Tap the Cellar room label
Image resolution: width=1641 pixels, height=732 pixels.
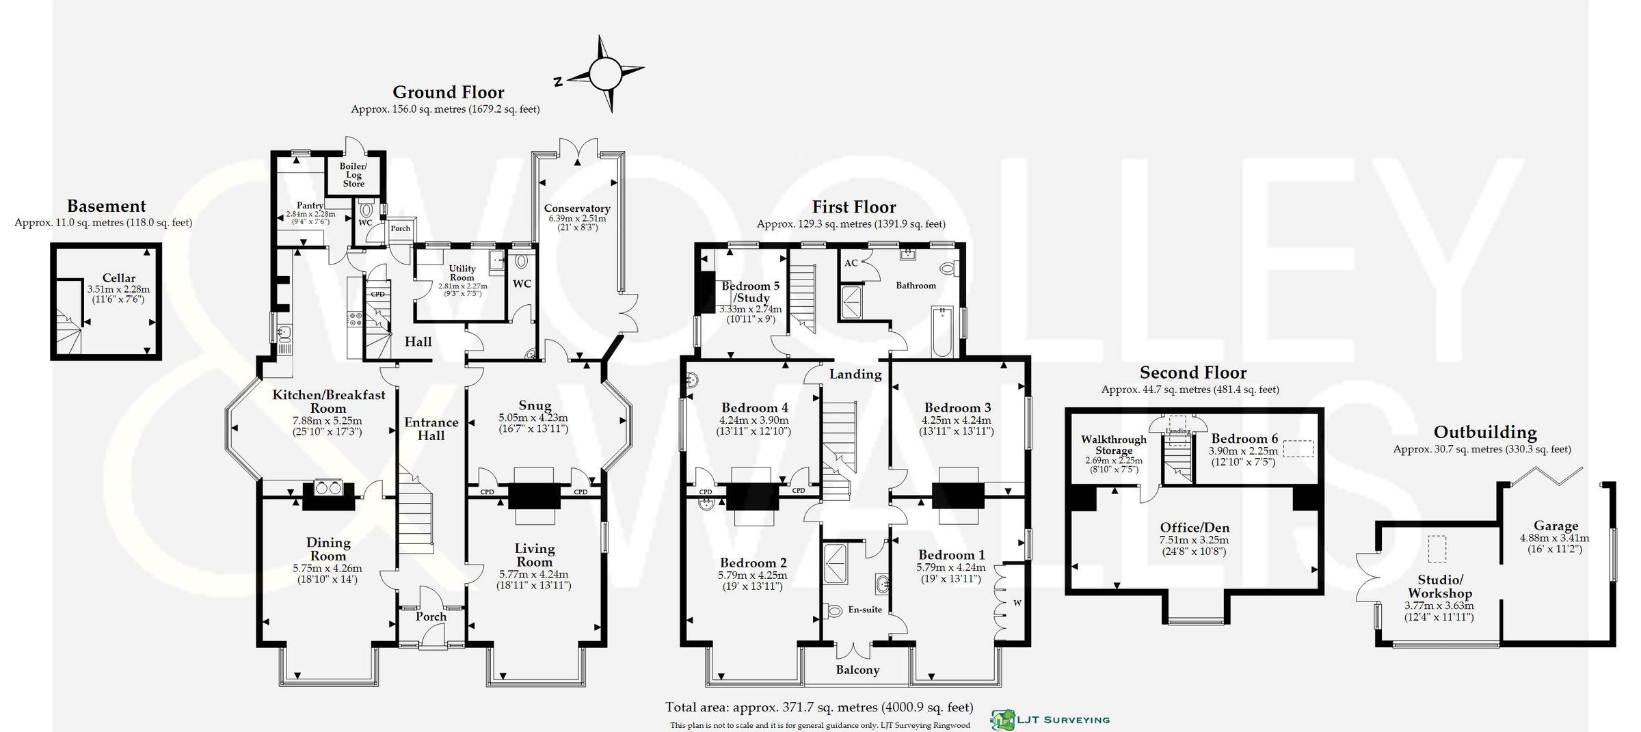(x=119, y=278)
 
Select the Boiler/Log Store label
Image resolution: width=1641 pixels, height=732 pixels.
(x=353, y=175)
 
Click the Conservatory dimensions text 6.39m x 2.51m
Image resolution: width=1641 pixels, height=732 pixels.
(x=577, y=219)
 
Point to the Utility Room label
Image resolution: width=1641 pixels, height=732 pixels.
(x=462, y=273)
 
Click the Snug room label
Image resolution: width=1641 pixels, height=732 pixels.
(x=534, y=405)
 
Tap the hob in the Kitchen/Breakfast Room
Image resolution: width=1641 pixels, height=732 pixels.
(x=356, y=318)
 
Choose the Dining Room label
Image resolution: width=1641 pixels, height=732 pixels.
(x=328, y=549)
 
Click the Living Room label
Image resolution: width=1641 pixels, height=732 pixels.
(x=534, y=554)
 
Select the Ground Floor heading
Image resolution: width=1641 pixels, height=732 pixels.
(x=448, y=92)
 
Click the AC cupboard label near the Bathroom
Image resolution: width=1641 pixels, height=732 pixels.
(x=851, y=263)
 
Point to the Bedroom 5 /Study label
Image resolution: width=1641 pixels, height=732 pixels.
(x=751, y=292)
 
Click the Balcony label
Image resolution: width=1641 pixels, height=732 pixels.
(x=857, y=670)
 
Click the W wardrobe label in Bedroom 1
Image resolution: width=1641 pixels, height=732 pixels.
(x=1017, y=603)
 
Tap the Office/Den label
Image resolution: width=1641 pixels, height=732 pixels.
(x=1195, y=528)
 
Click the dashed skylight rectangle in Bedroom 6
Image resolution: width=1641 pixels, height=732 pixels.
(x=1298, y=448)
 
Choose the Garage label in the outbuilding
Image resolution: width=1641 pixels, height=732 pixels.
(x=1556, y=526)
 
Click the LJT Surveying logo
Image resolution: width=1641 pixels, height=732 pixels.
(x=1050, y=719)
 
